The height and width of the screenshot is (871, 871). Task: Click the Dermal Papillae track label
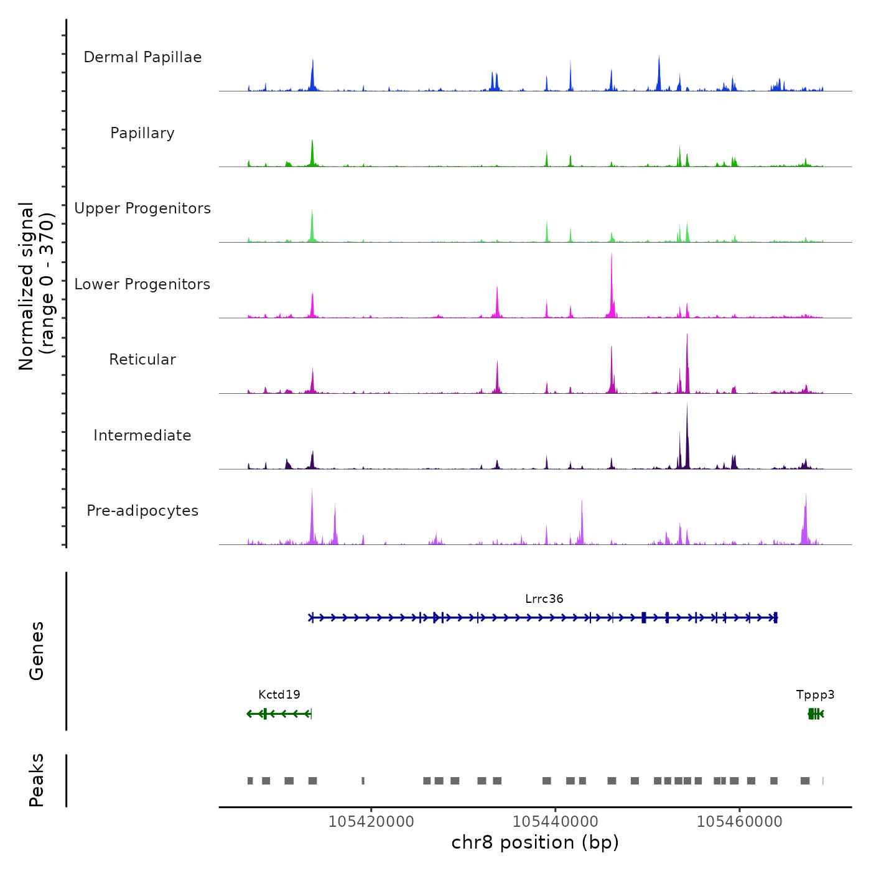[142, 57]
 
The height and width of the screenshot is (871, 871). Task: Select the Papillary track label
[142, 133]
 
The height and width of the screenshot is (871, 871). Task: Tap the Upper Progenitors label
[142, 208]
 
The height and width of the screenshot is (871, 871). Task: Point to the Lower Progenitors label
[142, 284]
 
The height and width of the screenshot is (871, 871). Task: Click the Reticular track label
[142, 360]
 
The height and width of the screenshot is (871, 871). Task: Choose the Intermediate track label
[142, 435]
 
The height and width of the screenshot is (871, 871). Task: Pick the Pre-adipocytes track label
[142, 511]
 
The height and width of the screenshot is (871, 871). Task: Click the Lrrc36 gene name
[544, 599]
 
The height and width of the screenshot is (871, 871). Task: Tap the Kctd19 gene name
[279, 695]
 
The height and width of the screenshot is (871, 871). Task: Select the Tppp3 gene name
[815, 695]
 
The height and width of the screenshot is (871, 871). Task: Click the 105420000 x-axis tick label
[371, 822]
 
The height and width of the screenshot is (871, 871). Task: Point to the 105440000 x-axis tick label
[555, 822]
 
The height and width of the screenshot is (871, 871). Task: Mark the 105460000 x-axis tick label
[739, 822]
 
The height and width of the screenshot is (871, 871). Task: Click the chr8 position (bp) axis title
[535, 843]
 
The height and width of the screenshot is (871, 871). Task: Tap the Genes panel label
[37, 651]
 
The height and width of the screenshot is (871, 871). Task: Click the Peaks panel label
[37, 780]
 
